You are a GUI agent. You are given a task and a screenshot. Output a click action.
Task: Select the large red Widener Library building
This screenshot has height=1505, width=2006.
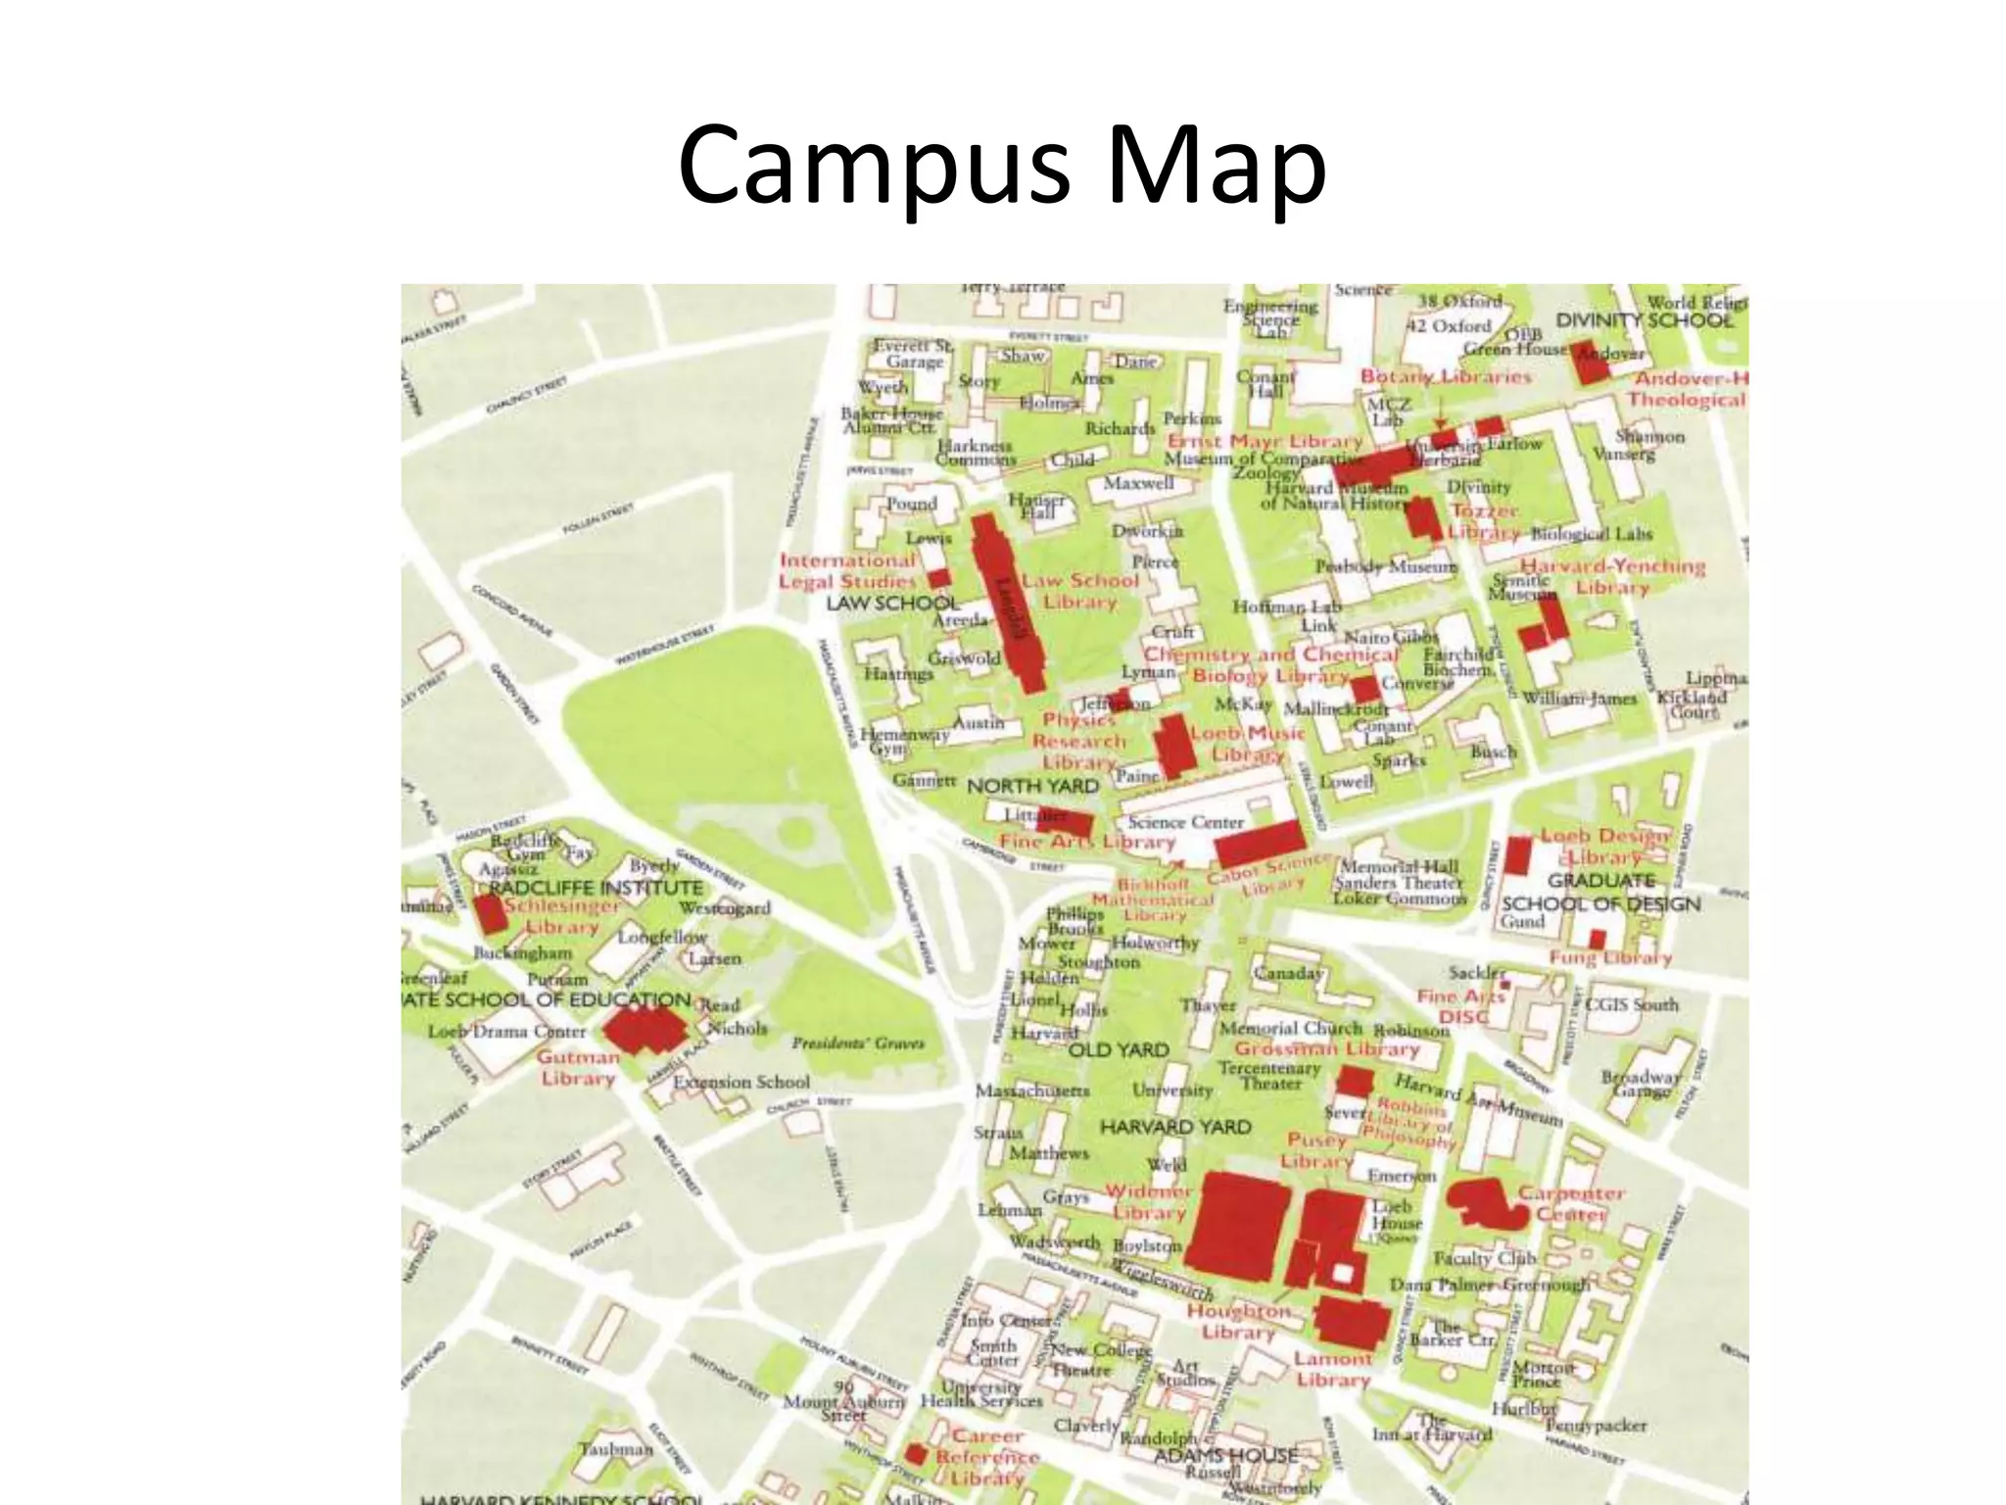1240,1226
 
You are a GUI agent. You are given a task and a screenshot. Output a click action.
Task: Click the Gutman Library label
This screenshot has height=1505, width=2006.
578,1068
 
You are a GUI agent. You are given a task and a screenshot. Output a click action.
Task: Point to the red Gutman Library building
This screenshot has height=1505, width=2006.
645,1029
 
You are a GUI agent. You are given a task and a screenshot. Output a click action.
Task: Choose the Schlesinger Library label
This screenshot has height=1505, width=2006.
562,916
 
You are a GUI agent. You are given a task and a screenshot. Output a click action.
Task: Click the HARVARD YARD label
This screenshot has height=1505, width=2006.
1174,1128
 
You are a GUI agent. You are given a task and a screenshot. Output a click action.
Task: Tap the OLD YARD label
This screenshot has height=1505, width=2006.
1118,1050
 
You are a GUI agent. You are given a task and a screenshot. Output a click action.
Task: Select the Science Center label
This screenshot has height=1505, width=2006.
1185,822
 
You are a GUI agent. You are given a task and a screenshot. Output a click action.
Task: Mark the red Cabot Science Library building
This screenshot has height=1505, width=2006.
1260,845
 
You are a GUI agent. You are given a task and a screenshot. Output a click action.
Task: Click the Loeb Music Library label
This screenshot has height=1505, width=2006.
1248,744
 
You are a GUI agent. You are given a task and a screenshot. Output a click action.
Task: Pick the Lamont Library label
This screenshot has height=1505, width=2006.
1332,1369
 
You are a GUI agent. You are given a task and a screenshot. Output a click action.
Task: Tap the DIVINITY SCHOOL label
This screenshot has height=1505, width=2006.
1644,320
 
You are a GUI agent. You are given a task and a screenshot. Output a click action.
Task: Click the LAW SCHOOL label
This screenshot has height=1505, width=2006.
891,603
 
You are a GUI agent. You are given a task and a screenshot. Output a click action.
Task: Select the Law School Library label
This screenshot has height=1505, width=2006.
1080,591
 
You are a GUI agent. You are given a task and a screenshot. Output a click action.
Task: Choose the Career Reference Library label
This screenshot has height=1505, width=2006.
987,1457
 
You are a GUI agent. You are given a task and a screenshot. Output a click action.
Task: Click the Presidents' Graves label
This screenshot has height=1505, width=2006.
857,1043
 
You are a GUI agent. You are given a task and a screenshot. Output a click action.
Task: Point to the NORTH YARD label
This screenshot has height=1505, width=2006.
1032,786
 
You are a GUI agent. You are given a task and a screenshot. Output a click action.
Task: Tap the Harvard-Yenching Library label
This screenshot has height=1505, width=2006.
1612,576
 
